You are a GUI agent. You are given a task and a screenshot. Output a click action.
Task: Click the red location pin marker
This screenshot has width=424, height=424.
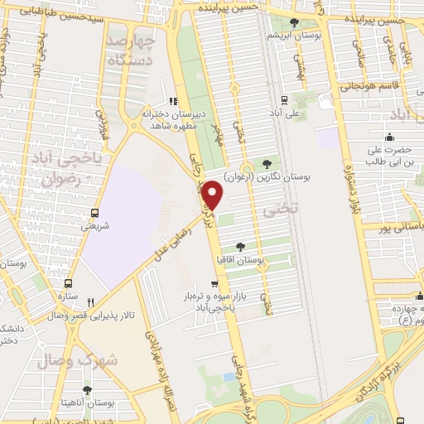coord(214,195)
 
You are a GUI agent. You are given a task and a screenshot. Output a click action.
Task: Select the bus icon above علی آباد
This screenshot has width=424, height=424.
coord(275,97)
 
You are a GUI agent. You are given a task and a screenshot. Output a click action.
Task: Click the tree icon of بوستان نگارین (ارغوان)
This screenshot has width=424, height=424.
coord(266,163)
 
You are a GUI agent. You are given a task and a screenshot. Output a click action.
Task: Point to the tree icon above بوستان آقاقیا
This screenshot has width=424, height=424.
coord(240,247)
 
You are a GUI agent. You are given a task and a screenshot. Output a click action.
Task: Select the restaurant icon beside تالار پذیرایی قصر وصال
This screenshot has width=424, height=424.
coord(91,302)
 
